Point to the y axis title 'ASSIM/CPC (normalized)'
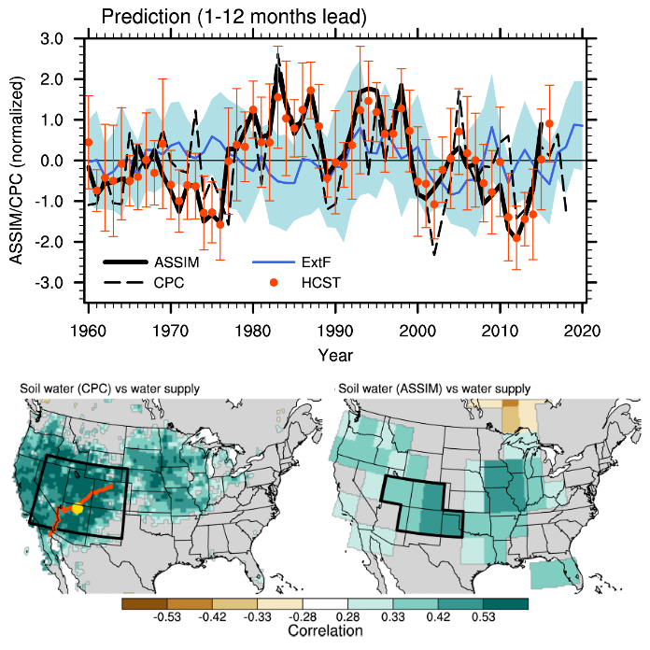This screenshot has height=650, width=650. coord(17,161)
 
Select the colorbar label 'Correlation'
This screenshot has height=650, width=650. coord(325,631)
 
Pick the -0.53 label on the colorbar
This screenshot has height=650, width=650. coord(166,617)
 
